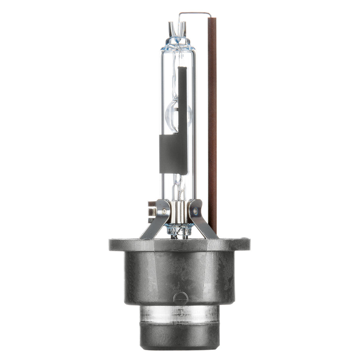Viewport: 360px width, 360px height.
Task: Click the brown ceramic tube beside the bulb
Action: coord(212,125)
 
